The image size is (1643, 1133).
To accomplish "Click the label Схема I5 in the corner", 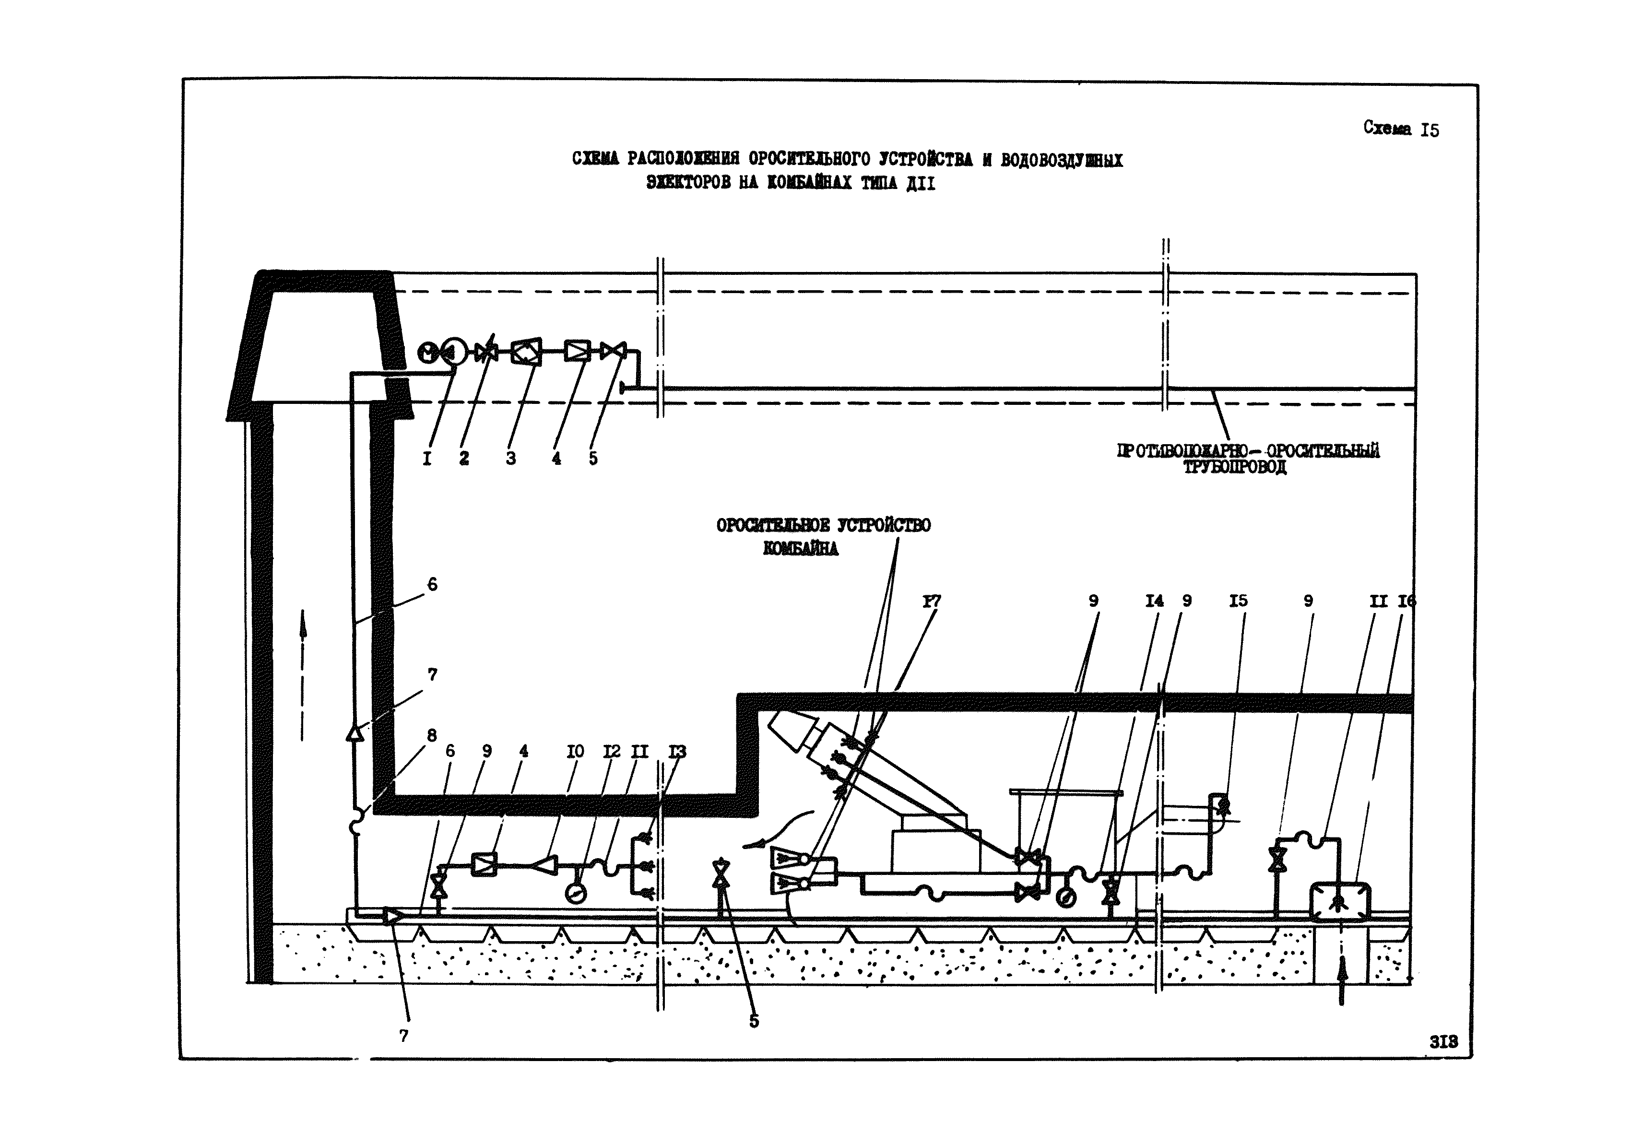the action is pyautogui.click(x=1400, y=129).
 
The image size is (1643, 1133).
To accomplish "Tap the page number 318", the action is pyautogui.click(x=1443, y=1041).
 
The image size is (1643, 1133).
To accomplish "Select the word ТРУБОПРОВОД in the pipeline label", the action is pyautogui.click(x=1235, y=467).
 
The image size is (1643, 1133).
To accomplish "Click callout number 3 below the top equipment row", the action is pyautogui.click(x=510, y=459).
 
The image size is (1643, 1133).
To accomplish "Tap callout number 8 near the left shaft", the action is pyautogui.click(x=432, y=735).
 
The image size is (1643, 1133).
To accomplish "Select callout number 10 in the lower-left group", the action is pyautogui.click(x=575, y=751).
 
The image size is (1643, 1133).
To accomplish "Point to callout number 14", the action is pyautogui.click(x=1155, y=602).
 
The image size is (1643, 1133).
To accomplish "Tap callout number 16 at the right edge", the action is pyautogui.click(x=1407, y=602).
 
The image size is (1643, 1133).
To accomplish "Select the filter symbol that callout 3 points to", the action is pyautogui.click(x=527, y=351).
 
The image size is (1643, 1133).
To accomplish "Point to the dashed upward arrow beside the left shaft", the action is pyautogui.click(x=303, y=674).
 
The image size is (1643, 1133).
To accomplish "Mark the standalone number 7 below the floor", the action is pyautogui.click(x=404, y=1036).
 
